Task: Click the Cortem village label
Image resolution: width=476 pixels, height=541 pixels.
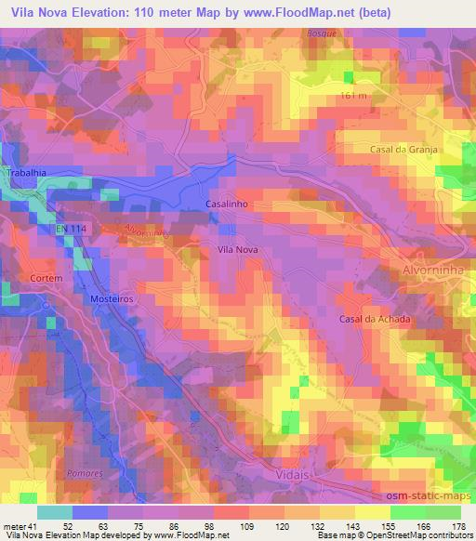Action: (x=45, y=278)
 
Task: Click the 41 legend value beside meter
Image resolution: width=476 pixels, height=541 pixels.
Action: (x=39, y=525)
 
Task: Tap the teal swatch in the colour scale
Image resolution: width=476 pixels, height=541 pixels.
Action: (x=55, y=511)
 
